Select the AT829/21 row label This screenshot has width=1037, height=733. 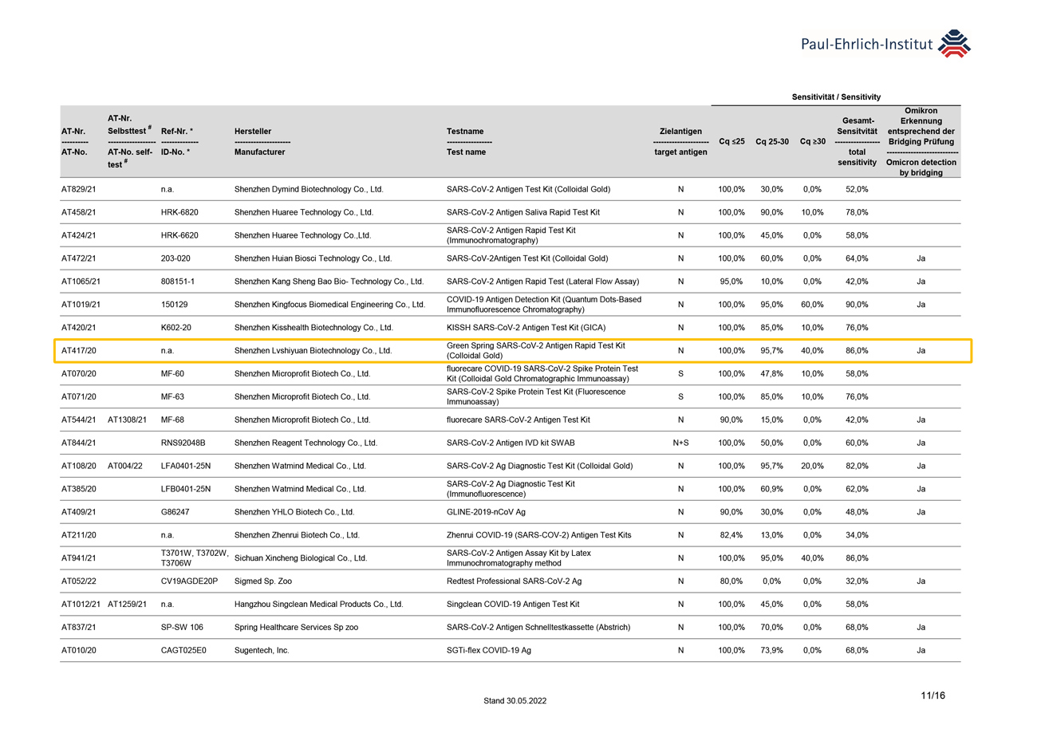tap(78, 189)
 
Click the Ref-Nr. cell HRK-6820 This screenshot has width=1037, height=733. tap(179, 212)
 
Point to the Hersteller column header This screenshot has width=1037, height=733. tap(253, 131)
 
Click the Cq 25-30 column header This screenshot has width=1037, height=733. tap(772, 141)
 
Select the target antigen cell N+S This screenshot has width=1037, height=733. tap(680, 442)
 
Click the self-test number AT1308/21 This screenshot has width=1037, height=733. tap(128, 419)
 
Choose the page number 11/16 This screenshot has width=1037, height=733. tap(932, 696)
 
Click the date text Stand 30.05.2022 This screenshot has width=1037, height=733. tap(515, 700)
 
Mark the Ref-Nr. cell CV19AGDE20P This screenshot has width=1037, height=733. tap(189, 581)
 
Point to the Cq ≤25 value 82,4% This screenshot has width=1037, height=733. tap(731, 534)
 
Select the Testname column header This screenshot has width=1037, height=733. tap(465, 131)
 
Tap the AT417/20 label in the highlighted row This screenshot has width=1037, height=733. tap(78, 350)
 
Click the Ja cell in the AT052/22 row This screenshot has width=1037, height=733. tap(921, 581)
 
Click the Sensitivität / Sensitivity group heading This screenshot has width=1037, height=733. tap(836, 97)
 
